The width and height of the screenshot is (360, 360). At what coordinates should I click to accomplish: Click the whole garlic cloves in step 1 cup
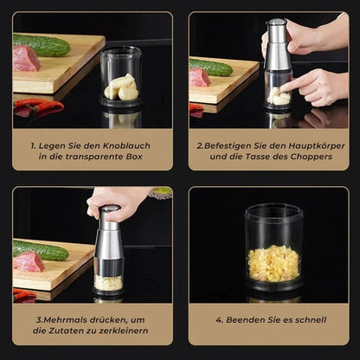point(121,87)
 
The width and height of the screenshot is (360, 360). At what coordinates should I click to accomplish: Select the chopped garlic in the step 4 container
point(273,263)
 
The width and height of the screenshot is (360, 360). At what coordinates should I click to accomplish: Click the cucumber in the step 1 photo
point(42,45)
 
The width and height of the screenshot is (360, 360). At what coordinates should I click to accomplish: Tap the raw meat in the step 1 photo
point(26,59)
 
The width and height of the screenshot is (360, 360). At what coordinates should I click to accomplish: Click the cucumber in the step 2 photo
point(211,67)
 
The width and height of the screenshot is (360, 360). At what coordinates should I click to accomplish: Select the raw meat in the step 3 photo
point(29,261)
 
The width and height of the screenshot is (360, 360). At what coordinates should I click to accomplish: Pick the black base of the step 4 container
point(273,286)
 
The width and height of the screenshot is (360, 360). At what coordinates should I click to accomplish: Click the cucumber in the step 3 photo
point(41,250)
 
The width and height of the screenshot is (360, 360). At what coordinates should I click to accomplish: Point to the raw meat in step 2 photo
point(201,78)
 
